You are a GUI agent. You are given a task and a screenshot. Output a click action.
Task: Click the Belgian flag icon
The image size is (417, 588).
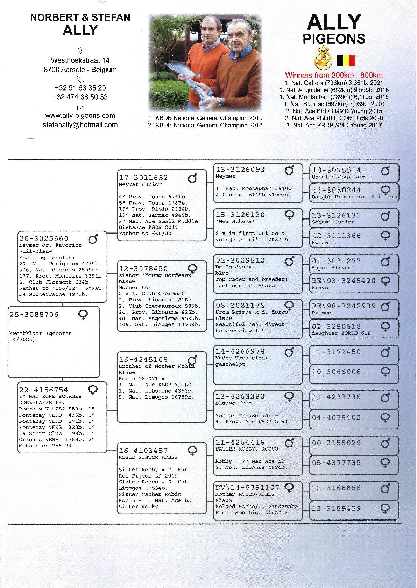tap(346, 60)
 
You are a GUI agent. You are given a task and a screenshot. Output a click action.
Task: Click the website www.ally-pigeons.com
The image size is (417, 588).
tap(80, 116)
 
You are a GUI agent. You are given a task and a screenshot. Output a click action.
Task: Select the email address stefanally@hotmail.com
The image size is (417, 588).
tap(80, 125)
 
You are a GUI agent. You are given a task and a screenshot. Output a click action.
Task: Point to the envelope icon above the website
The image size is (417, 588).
tap(80, 108)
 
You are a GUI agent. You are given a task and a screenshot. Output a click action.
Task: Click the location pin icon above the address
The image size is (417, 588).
tap(80, 51)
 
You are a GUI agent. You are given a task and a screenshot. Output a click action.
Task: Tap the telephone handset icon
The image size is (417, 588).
tap(80, 79)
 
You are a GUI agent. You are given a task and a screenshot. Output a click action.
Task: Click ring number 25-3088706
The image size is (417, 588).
tap(34, 315)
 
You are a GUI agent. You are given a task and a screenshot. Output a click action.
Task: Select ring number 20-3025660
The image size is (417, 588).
tap(44, 239)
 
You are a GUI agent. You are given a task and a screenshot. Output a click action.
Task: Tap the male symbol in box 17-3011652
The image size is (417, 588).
tap(192, 179)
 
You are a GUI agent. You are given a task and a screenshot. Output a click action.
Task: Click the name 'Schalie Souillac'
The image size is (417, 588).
tap(338, 177)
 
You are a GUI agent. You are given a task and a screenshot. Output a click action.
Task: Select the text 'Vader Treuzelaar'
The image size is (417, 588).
tap(242, 358)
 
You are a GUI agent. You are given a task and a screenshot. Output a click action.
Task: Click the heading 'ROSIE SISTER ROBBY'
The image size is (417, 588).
tap(148, 457)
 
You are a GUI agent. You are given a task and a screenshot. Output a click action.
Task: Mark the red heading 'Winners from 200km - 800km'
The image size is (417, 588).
tap(334, 75)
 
